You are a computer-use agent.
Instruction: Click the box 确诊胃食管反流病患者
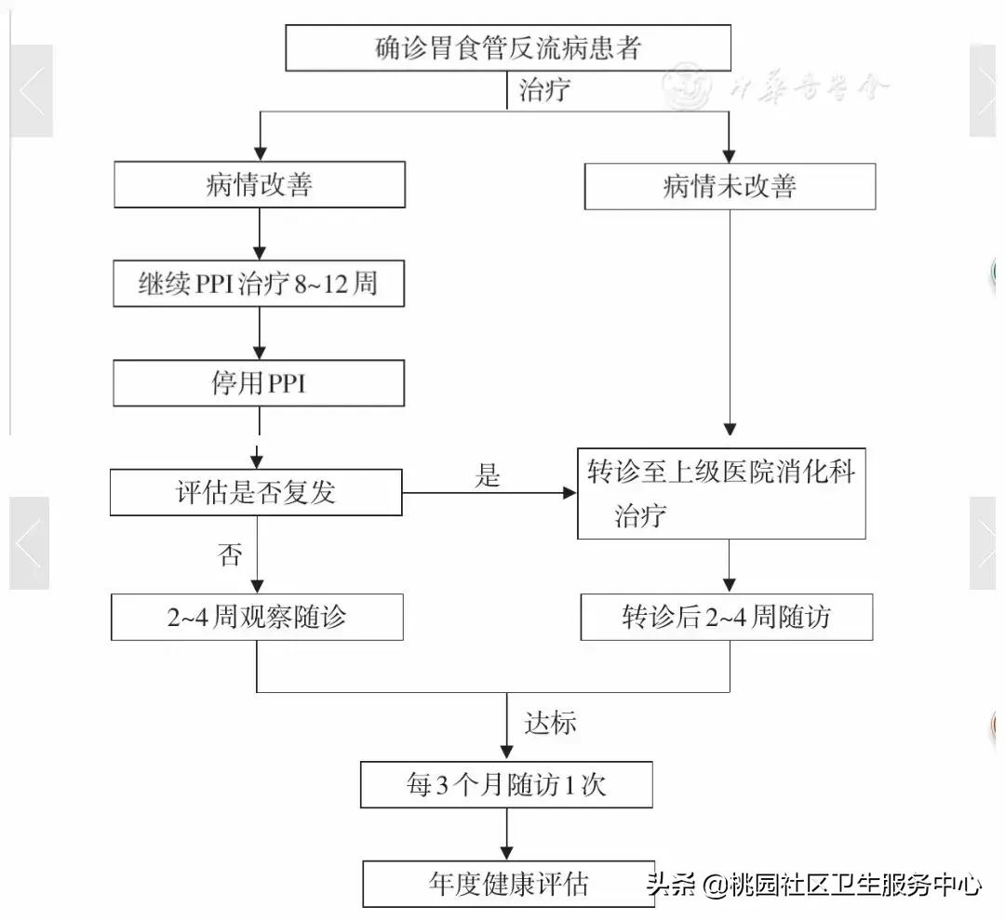[507, 48]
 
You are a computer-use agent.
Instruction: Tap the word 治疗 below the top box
[545, 91]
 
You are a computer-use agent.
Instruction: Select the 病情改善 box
[260, 185]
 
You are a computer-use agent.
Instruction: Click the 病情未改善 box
[730, 187]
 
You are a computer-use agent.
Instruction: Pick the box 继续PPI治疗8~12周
[259, 284]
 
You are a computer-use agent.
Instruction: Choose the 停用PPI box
[259, 382]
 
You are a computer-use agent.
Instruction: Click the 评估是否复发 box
[256, 493]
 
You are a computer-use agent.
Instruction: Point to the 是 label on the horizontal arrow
[488, 476]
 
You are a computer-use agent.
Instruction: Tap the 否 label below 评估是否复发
[230, 555]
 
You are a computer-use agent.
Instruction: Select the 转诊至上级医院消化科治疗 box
[721, 494]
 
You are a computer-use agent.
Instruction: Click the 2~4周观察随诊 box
[257, 618]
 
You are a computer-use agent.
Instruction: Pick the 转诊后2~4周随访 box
[727, 618]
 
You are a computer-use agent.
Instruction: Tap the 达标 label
[550, 723]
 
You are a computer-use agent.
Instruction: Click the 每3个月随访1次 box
[506, 785]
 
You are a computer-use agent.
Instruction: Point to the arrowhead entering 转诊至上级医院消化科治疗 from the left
[569, 493]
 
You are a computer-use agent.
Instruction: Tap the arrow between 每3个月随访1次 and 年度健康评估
[507, 833]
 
